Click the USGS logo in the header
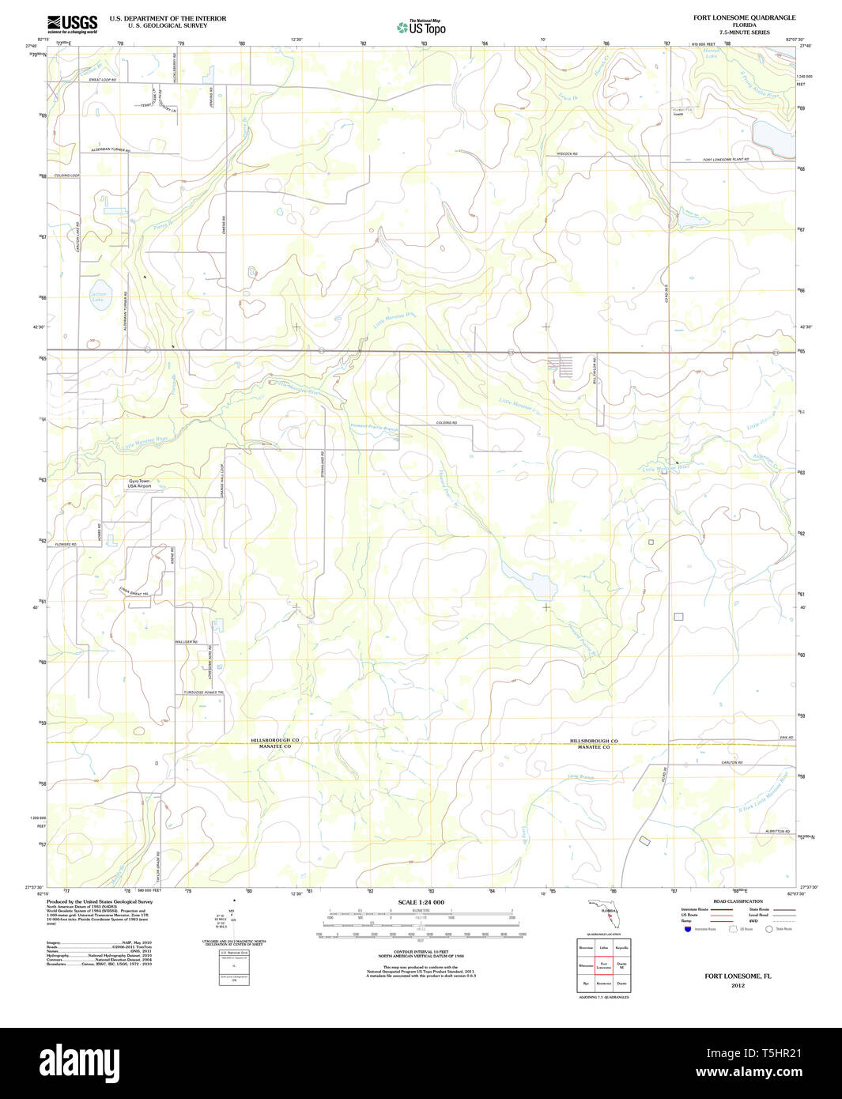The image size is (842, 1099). point(72,23)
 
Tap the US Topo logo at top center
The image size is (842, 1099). point(421,28)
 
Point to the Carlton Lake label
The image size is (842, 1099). point(97,297)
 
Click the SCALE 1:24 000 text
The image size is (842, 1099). point(421,902)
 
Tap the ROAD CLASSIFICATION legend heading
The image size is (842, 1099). point(738,901)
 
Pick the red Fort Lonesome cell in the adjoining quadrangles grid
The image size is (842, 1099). point(603,966)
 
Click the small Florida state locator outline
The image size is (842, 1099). point(605,912)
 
